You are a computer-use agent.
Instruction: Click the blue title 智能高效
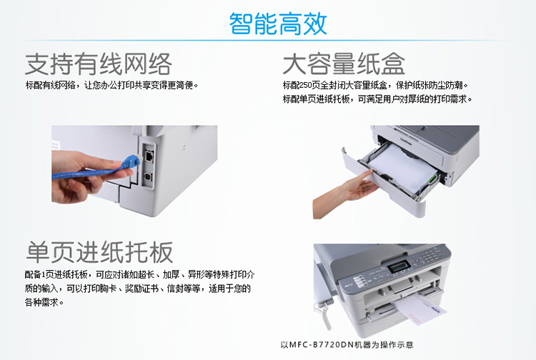click(278, 24)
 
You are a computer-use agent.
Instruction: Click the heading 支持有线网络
click(99, 64)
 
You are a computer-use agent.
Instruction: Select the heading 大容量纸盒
click(344, 64)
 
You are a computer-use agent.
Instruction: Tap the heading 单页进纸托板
click(99, 252)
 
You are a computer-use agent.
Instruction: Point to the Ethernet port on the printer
click(149, 156)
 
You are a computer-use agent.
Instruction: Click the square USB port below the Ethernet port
click(149, 177)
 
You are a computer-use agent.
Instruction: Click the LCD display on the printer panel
click(399, 266)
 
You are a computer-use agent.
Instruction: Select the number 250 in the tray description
click(304, 85)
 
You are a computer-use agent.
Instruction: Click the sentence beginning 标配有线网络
click(111, 85)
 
